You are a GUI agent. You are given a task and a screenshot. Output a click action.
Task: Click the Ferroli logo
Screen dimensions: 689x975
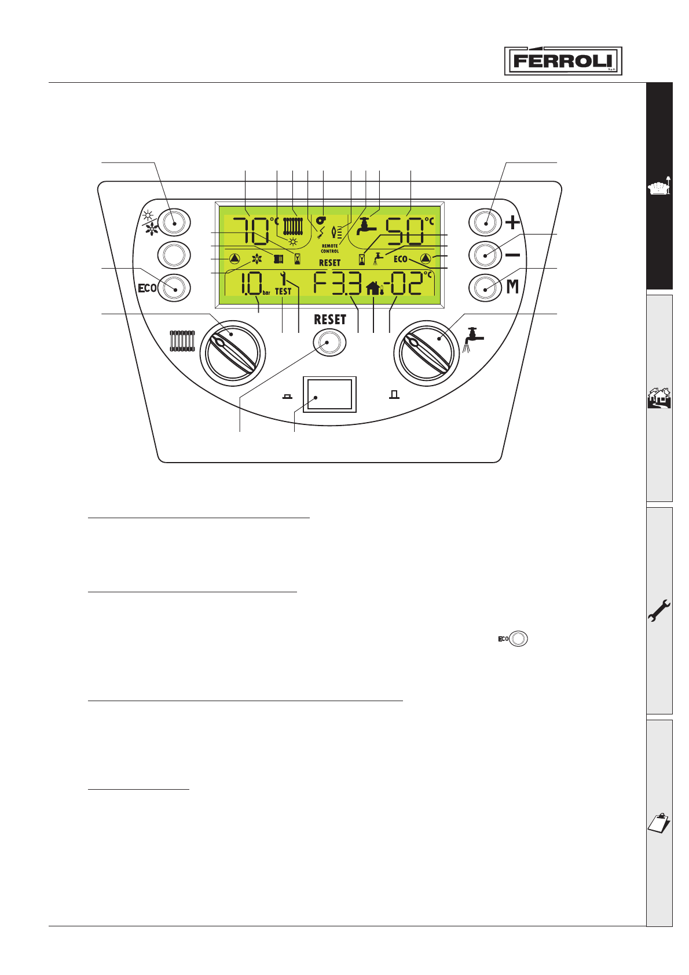[563, 61]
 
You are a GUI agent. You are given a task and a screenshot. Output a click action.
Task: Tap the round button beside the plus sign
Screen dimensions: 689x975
[485, 222]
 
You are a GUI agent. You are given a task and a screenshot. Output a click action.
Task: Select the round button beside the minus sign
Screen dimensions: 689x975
[485, 254]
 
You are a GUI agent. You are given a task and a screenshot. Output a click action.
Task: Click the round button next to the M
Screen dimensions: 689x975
[485, 287]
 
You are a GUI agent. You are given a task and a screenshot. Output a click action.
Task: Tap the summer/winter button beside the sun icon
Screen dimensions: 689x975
[174, 222]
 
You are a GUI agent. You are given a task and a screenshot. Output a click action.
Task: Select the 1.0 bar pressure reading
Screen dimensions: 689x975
[250, 284]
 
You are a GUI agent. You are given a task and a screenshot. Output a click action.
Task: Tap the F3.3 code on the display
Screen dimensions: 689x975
[338, 284]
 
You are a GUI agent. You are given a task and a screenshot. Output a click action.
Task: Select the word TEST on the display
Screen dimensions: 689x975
[283, 292]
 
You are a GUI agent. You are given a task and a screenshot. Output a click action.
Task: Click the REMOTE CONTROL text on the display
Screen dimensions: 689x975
[330, 248]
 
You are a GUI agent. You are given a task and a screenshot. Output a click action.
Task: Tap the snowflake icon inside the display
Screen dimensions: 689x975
[257, 259]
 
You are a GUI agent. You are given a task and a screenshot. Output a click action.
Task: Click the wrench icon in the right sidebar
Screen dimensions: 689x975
[659, 610]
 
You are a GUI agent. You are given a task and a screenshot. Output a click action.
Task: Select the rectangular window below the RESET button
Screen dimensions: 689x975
[329, 394]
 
